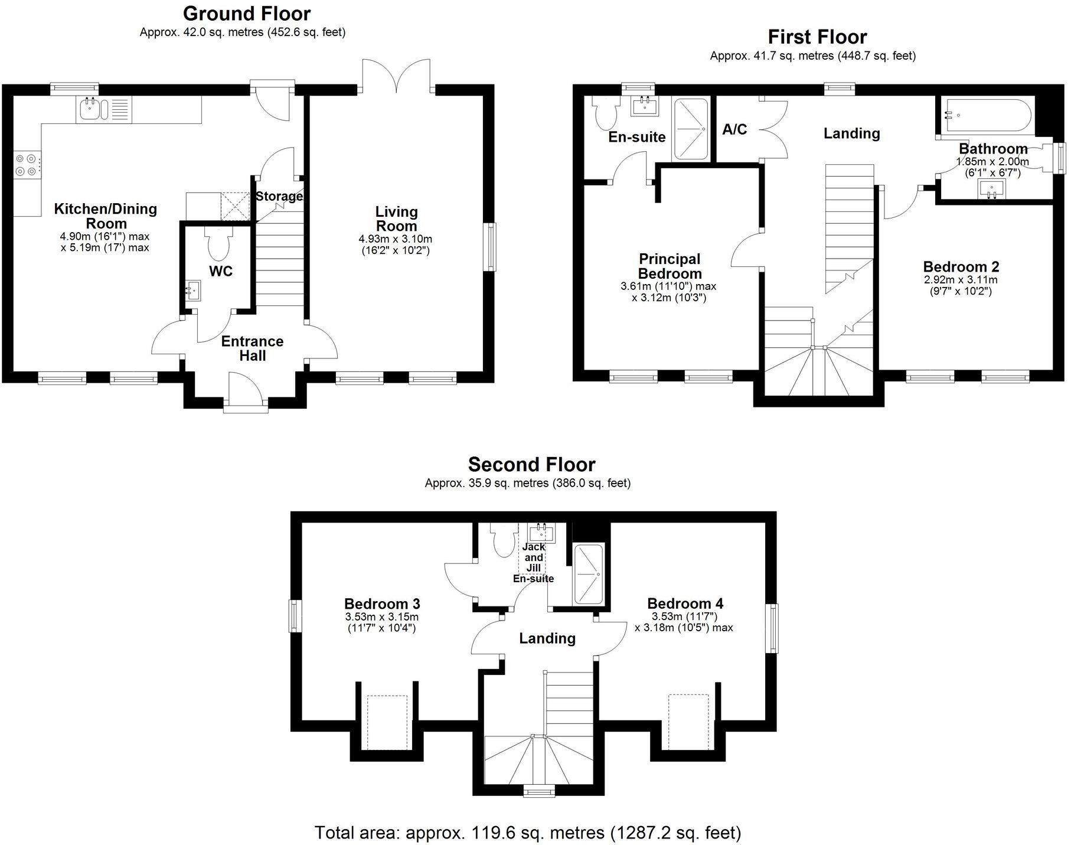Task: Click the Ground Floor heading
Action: click(x=247, y=13)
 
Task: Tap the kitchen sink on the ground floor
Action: click(x=90, y=109)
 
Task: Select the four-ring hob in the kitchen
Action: click(x=28, y=165)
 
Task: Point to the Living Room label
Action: click(x=396, y=218)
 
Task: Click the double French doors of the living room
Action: click(x=396, y=76)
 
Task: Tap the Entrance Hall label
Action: click(x=252, y=348)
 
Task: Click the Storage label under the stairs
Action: click(x=279, y=196)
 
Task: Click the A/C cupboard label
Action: click(x=734, y=129)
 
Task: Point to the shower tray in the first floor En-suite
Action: click(x=690, y=129)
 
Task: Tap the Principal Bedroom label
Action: click(x=670, y=266)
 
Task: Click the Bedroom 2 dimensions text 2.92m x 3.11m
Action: click(x=961, y=280)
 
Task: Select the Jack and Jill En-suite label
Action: click(x=533, y=563)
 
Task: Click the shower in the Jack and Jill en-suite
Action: click(x=588, y=574)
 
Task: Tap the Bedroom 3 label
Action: click(x=382, y=603)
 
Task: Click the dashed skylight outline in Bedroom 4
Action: click(x=688, y=721)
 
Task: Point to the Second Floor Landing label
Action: click(x=547, y=638)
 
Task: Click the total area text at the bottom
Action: click(x=527, y=833)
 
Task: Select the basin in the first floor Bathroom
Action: click(x=991, y=190)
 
